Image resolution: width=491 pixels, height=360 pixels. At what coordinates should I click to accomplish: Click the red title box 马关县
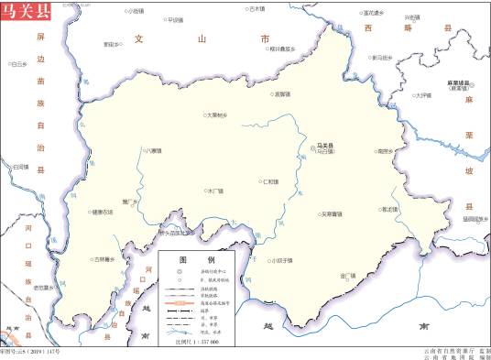[x=27, y=12]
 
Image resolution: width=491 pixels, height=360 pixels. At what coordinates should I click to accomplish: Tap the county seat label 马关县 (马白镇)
[x=324, y=147]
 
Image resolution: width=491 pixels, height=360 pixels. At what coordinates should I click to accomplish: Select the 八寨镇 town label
[x=153, y=150]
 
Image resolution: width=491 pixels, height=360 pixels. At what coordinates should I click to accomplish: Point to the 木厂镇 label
[x=216, y=191]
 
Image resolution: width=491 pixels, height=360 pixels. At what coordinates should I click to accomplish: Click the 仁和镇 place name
[x=270, y=182]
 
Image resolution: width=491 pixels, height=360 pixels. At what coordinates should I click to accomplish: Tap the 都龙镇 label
[x=391, y=210]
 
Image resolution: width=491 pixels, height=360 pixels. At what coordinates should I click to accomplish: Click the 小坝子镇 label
[x=283, y=260]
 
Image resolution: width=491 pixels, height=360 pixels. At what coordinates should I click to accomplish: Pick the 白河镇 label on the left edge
[x=19, y=166]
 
